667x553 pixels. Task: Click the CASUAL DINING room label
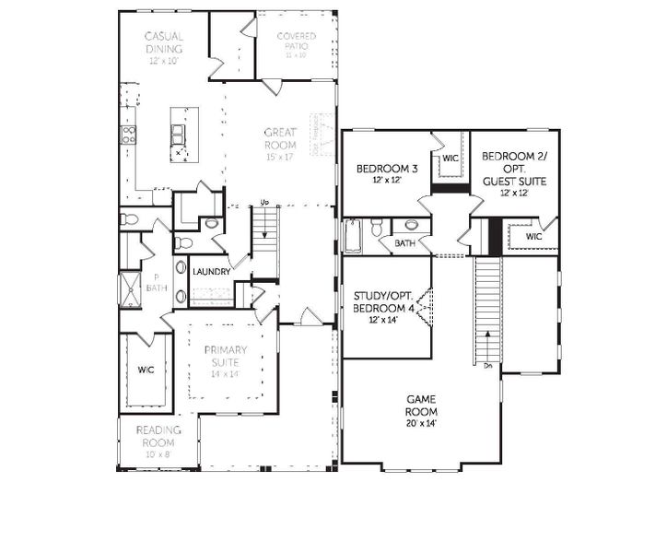(163, 42)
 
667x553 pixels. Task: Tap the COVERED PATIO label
(296, 41)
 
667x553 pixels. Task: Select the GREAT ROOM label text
(279, 138)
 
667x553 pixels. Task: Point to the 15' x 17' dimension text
(279, 157)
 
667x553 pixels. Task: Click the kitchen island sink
(179, 135)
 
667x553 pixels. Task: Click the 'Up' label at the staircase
(264, 202)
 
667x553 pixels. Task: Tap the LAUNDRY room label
(211, 272)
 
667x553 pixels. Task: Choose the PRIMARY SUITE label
(225, 356)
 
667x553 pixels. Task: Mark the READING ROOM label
(158, 436)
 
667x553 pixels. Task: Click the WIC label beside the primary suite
(146, 370)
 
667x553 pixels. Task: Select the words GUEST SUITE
(514, 182)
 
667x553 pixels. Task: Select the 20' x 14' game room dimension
(421, 423)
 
